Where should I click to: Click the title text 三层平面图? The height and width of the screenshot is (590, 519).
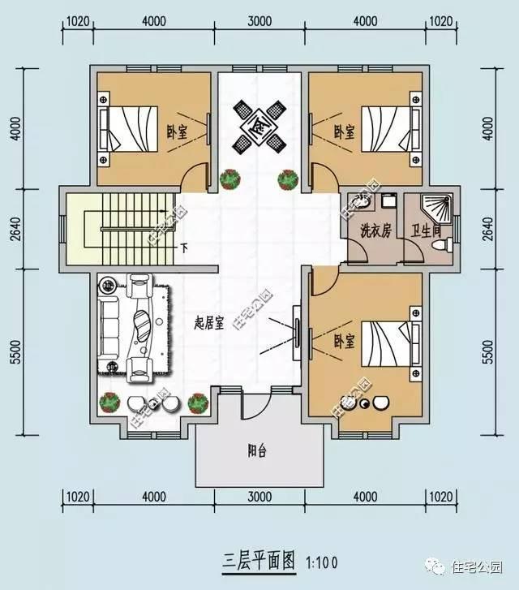pos(258,561)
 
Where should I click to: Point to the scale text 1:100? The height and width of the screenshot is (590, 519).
pos(322,562)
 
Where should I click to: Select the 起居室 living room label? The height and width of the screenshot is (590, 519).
pos(210,321)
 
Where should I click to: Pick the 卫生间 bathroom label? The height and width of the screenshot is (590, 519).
pos(425,230)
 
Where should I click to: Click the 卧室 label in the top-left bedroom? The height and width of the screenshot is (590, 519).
pos(177,130)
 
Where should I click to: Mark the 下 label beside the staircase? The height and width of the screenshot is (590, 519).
pos(185,248)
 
